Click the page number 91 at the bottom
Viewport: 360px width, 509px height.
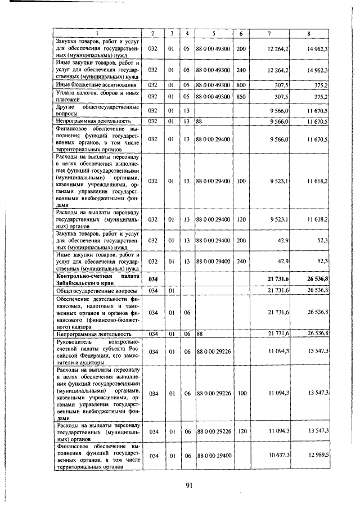pos(189,487)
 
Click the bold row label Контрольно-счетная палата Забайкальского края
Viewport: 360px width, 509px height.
pos(96,279)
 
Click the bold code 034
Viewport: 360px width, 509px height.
pos(152,279)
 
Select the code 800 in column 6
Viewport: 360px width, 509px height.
pos(241,85)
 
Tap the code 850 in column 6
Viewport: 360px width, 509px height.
pos(241,96)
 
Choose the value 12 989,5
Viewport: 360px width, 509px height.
pos(318,454)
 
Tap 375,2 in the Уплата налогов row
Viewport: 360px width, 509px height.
pos(321,96)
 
